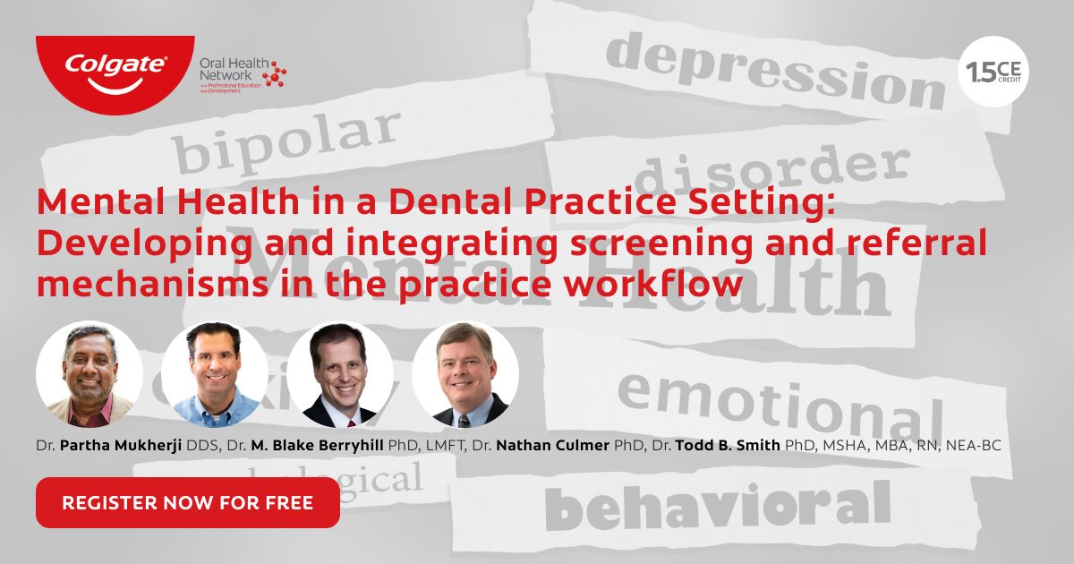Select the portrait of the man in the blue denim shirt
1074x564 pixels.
tap(215, 374)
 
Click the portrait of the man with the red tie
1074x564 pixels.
tap(340, 374)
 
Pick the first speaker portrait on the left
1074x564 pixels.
tap(89, 374)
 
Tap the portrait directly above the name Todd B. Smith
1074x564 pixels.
tap(465, 374)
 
